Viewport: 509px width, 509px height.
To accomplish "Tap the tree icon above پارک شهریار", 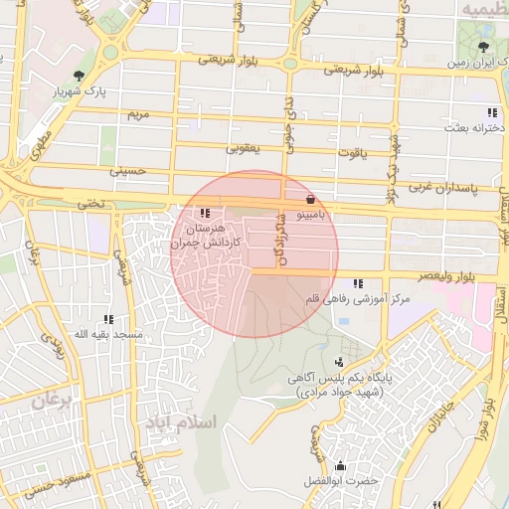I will click(x=79, y=75).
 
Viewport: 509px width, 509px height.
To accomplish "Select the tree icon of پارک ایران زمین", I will click(x=483, y=47).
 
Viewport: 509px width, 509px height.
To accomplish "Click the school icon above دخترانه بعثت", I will click(x=491, y=112).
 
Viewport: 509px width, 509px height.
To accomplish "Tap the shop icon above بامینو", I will click(x=311, y=199).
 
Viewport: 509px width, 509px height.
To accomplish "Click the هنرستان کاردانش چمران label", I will click(x=207, y=235).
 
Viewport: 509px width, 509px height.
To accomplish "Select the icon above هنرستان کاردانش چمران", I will click(x=205, y=213).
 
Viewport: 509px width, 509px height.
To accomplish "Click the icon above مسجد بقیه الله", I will click(x=108, y=319).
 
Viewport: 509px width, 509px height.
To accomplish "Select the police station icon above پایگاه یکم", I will click(x=341, y=362).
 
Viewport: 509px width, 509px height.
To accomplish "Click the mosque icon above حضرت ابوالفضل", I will click(x=342, y=465).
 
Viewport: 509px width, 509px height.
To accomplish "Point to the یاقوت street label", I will click(x=352, y=153).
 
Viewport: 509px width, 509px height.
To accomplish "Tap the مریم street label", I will click(x=138, y=115).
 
